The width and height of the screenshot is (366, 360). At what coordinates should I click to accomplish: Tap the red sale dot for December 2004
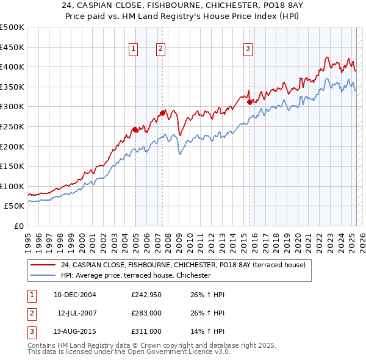tap(135, 129)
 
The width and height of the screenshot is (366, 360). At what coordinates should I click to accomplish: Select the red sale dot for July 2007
tap(163, 113)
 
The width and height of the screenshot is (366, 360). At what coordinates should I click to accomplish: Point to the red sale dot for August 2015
tap(250, 102)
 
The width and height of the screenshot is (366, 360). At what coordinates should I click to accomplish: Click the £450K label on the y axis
tap(12, 47)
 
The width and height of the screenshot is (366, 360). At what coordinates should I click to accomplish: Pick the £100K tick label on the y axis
tap(12, 186)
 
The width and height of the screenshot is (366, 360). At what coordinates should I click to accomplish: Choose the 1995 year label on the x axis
tap(27, 238)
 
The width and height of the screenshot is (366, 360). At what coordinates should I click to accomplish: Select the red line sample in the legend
tap(44, 265)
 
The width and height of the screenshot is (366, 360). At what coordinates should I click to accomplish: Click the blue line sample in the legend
tap(44, 276)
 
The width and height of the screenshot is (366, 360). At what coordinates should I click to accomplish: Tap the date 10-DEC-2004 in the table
tap(75, 295)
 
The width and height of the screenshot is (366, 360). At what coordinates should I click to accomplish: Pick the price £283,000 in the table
tap(146, 313)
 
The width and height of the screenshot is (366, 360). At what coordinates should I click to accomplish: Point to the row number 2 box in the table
tap(30, 313)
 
